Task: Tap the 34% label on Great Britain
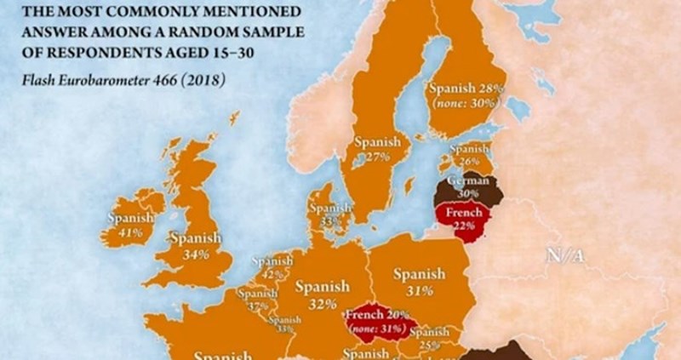pyautogui.click(x=195, y=254)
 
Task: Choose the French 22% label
pyautogui.click(x=464, y=218)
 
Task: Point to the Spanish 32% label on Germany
pyautogui.click(x=322, y=294)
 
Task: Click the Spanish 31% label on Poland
pyautogui.click(x=419, y=282)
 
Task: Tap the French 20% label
pyautogui.click(x=375, y=314)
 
